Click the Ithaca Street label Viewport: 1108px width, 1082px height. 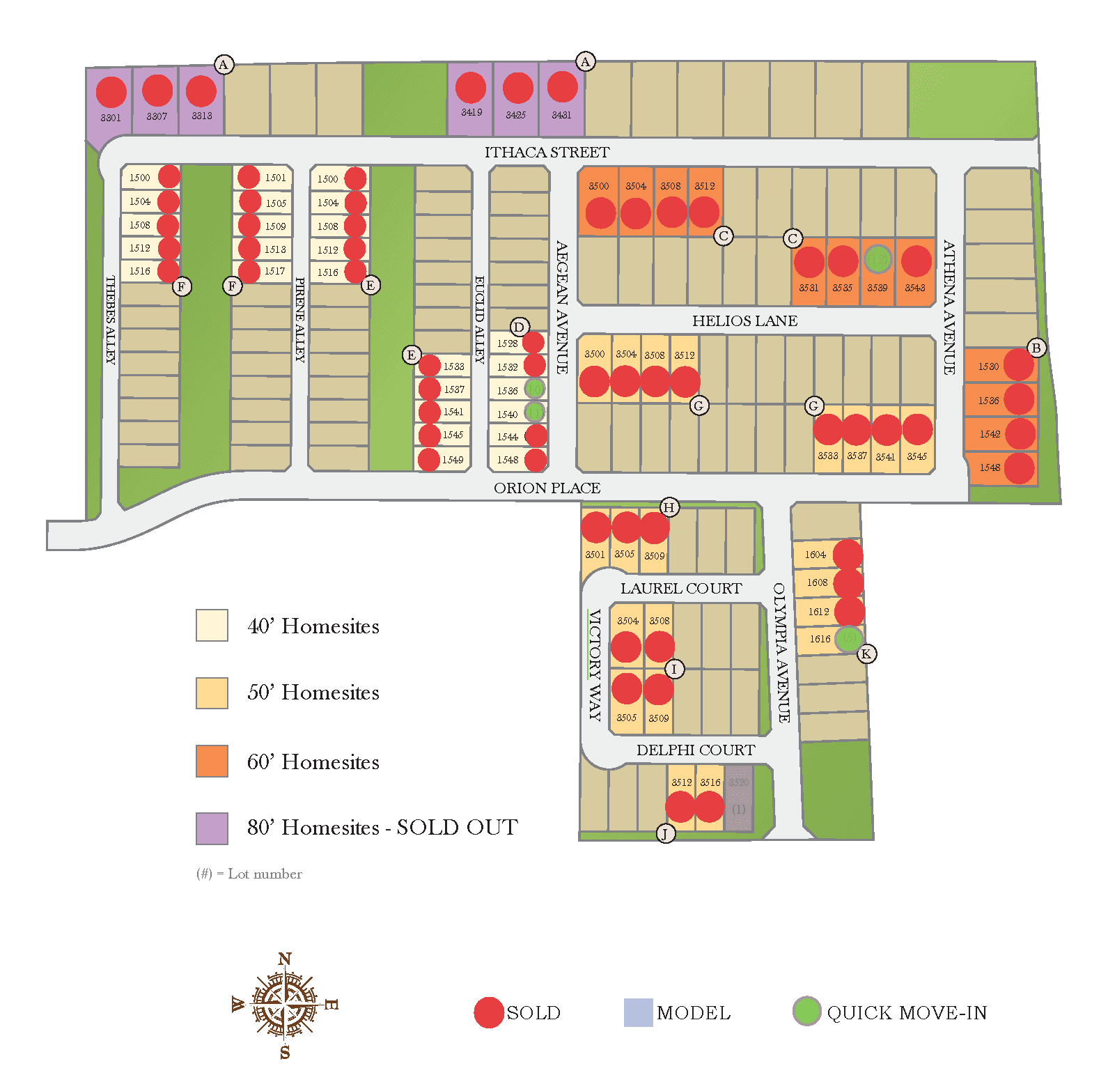[547, 153]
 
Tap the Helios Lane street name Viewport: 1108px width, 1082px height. [744, 321]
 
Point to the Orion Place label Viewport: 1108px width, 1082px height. [547, 488]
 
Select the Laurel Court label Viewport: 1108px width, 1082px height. [681, 589]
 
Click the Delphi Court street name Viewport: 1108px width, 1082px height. [695, 750]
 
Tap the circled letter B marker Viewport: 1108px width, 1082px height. [1036, 348]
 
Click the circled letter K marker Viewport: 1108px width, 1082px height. [866, 654]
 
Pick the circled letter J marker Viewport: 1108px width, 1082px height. [665, 833]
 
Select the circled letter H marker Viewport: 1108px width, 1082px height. [669, 507]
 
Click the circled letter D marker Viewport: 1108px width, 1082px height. [519, 327]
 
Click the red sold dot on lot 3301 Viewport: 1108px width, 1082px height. [111, 92]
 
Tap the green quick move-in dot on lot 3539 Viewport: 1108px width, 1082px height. [877, 259]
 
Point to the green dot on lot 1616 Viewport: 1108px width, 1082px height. [848, 638]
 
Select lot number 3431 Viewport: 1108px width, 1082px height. [561, 115]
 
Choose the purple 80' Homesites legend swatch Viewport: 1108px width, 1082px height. [212, 828]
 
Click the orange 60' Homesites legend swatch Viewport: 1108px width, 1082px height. [212, 761]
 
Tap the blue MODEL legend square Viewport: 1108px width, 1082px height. [637, 1012]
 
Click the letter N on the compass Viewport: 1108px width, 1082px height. [285, 959]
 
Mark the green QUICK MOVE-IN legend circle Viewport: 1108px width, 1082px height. [806, 1011]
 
